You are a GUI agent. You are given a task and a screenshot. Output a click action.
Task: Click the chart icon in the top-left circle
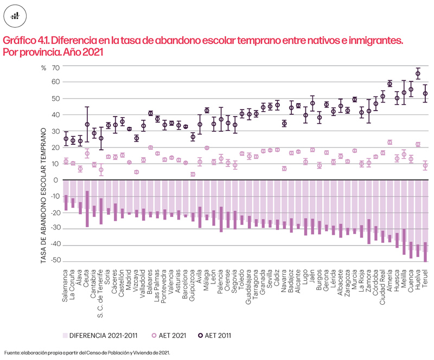[16, 16]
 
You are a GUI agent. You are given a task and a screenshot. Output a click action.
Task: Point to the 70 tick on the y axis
[54, 68]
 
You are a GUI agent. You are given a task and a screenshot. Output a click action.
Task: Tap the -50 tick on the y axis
[53, 261]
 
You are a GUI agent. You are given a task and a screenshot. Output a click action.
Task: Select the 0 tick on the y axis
[56, 180]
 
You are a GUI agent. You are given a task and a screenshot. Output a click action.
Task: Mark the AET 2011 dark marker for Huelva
[418, 74]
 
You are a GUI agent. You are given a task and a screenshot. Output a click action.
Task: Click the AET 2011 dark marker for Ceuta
[87, 124]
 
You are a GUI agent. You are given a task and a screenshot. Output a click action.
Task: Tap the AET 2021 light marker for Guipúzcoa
[193, 174]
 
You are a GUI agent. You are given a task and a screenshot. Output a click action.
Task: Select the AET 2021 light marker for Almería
[390, 143]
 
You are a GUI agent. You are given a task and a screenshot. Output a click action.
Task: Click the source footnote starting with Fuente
[87, 352]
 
